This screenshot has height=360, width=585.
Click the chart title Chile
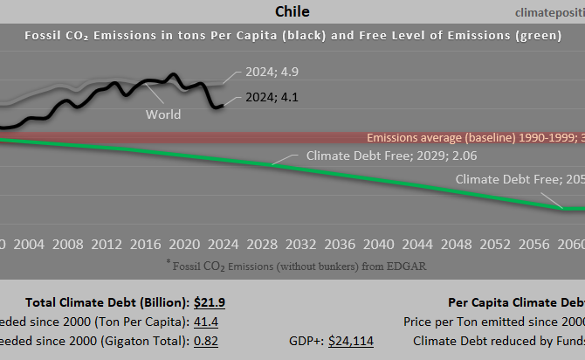click(x=292, y=11)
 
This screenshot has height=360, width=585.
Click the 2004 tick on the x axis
click(x=30, y=245)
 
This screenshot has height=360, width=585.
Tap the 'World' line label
click(x=163, y=114)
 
